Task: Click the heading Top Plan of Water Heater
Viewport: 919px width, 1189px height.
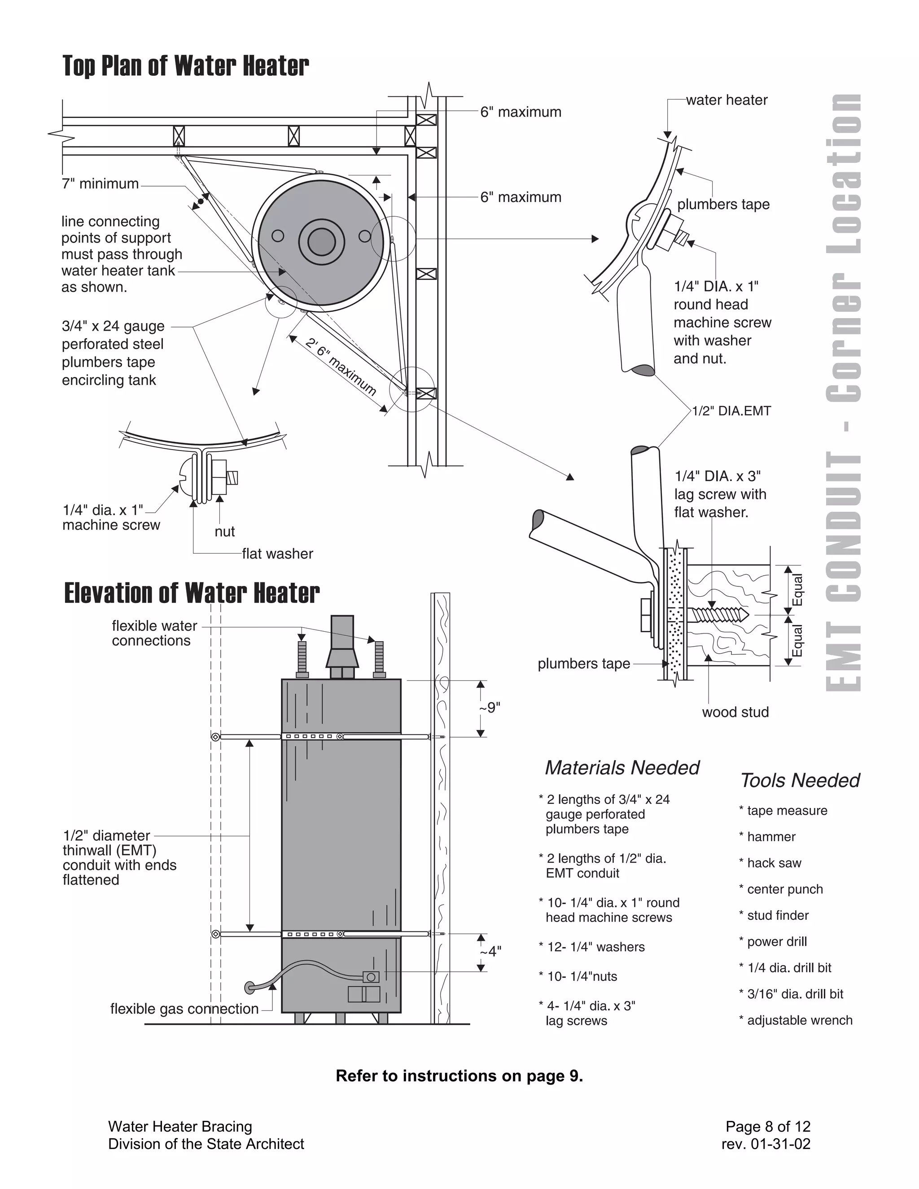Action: click(186, 66)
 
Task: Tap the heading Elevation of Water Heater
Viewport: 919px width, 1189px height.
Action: click(192, 594)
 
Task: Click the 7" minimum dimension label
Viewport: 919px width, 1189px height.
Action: click(100, 184)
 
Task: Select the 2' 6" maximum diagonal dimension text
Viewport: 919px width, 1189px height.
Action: click(341, 367)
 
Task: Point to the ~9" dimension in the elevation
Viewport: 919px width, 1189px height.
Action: click(490, 708)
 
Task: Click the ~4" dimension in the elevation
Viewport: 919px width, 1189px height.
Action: click(490, 951)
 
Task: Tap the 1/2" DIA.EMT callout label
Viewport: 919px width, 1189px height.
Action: click(731, 411)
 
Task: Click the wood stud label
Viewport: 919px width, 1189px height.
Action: click(735, 712)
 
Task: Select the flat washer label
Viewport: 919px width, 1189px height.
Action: click(277, 554)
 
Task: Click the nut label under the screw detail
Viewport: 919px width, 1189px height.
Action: click(224, 531)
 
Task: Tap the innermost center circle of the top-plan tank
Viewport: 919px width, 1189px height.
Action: click(321, 242)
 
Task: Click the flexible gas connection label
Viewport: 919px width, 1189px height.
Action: click(184, 1009)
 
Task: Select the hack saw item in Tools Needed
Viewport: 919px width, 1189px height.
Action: click(774, 863)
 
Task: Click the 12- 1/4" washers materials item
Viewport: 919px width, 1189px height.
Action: click(595, 947)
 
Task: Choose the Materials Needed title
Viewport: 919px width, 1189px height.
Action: click(622, 768)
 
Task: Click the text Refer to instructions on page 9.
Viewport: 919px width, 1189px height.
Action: click(459, 1076)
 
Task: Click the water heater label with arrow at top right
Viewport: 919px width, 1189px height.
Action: click(726, 100)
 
